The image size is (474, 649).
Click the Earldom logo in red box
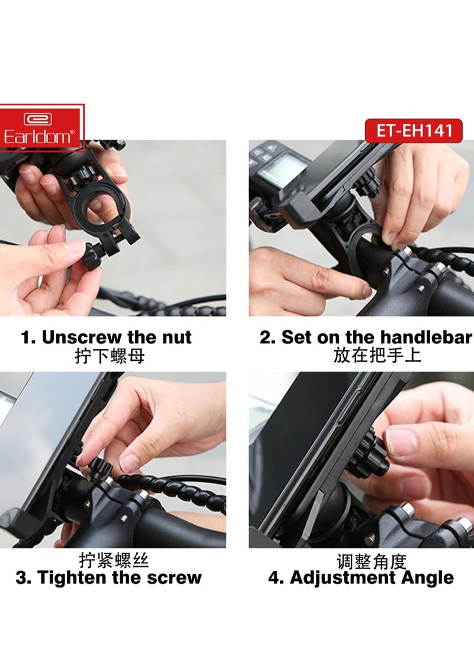pos(41,127)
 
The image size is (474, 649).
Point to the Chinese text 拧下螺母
pos(110,356)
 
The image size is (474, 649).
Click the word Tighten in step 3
pos(73,578)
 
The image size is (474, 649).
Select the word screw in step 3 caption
pos(176,578)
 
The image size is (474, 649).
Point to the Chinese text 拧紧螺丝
pos(114,560)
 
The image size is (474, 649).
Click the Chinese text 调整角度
pos(372,560)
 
